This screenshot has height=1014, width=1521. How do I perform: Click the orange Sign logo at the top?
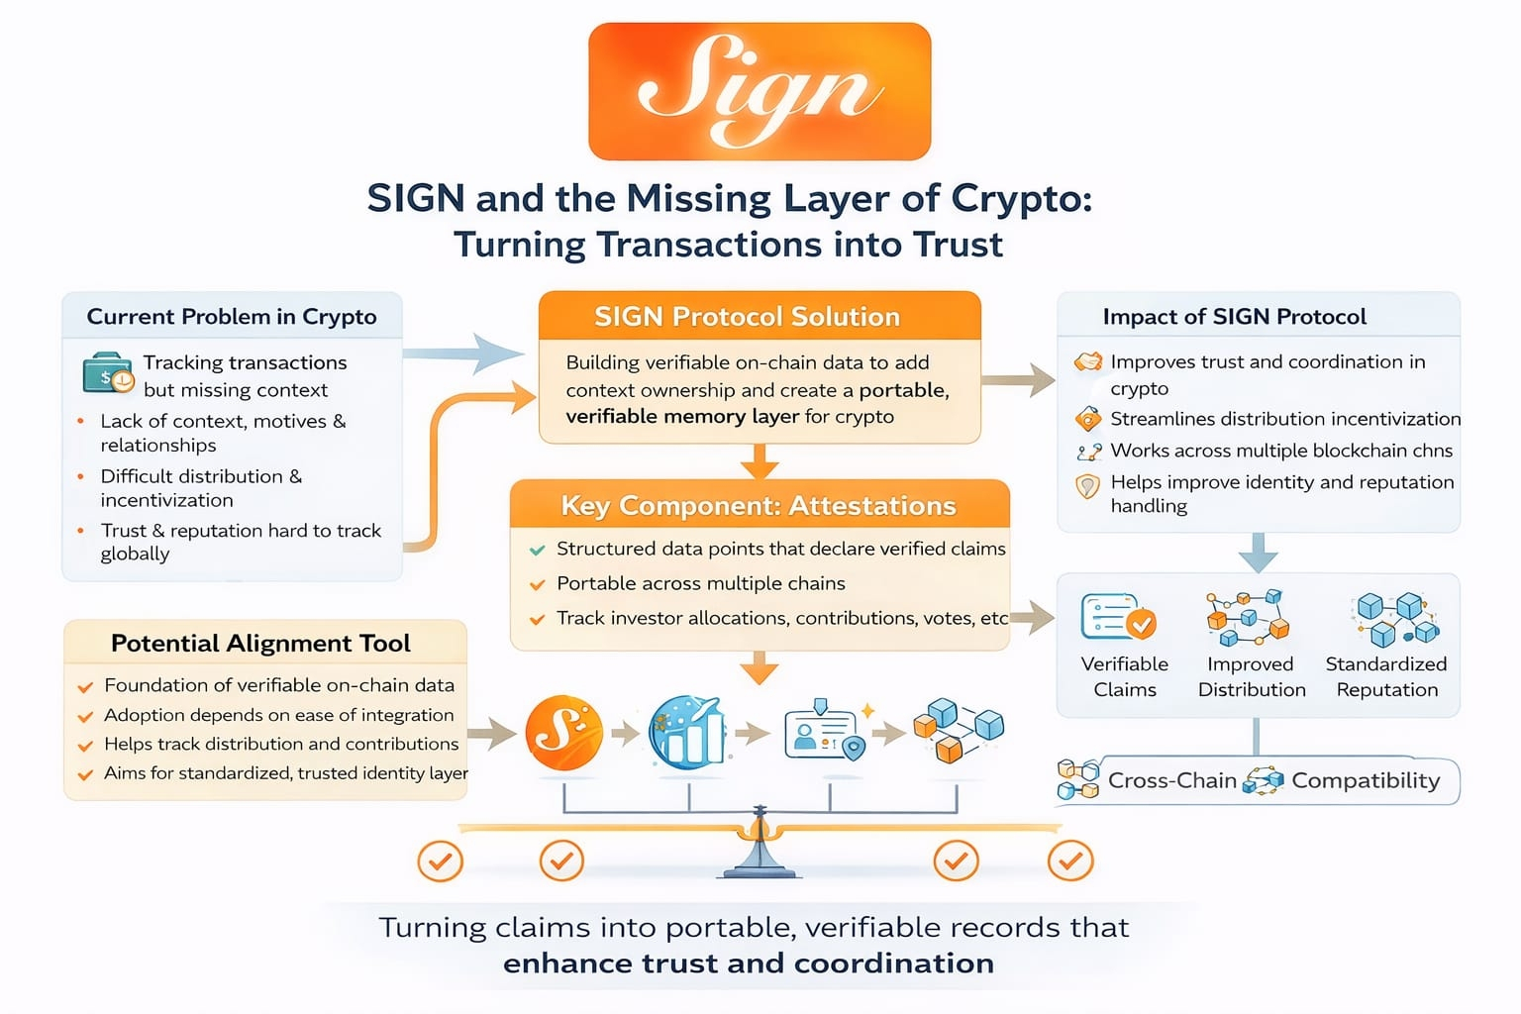[760, 91]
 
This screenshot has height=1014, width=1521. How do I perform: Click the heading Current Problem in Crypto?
[232, 317]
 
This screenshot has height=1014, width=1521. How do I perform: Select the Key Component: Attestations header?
[759, 506]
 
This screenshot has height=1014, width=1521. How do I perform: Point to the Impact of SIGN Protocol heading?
[1234, 317]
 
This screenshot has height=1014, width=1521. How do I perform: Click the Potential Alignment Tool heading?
[260, 644]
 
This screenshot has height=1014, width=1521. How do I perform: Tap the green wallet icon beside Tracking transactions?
[108, 374]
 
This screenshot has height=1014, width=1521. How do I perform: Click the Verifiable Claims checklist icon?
[1119, 618]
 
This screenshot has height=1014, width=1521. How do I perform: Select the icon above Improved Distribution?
[1248, 616]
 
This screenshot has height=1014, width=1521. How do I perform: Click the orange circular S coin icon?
[563, 734]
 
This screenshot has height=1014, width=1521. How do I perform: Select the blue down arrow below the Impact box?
[1258, 551]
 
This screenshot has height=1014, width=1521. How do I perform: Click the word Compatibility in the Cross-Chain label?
[1366, 780]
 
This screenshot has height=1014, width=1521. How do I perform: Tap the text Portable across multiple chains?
[700, 583]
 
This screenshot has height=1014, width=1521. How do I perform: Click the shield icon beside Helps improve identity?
[1087, 486]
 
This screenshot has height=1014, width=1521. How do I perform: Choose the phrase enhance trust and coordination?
[749, 963]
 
